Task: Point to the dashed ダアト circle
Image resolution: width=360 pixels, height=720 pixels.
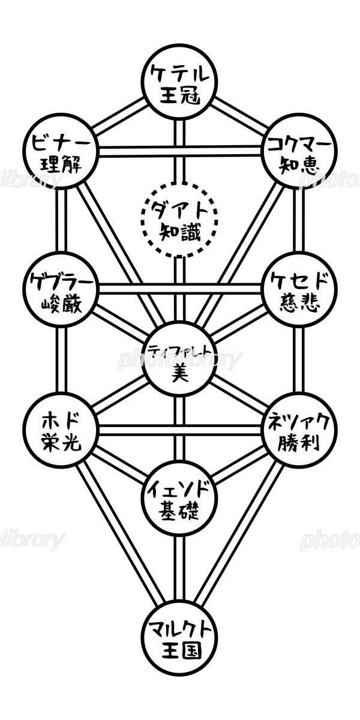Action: (x=179, y=219)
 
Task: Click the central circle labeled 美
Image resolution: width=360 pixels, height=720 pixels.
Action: (x=179, y=360)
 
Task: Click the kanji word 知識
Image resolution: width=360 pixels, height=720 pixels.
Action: (x=179, y=230)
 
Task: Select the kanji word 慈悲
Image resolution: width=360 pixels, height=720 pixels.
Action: (x=298, y=300)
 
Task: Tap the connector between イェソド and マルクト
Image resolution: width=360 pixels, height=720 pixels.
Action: (x=178, y=570)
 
